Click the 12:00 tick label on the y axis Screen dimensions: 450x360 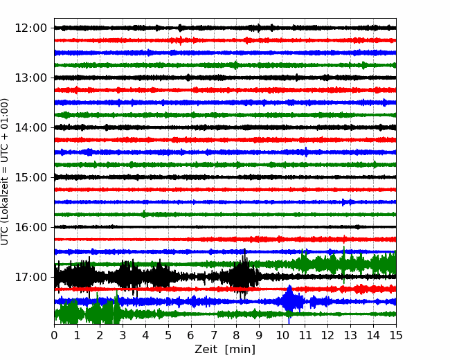[x=30, y=28]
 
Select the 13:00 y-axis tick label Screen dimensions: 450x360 [x=30, y=78]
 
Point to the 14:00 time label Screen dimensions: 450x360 [x=30, y=127]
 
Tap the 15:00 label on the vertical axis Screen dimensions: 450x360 [x=30, y=177]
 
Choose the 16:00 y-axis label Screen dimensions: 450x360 [x=30, y=227]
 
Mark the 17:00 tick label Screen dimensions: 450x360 [x=30, y=277]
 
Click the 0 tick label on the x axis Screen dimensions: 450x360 [x=54, y=335]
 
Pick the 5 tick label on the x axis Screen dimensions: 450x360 [x=168, y=335]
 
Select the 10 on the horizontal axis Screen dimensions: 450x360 [x=282, y=335]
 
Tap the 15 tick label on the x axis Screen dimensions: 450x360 [x=396, y=335]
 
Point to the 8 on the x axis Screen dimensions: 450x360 [x=237, y=335]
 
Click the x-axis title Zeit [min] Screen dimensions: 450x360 [x=225, y=349]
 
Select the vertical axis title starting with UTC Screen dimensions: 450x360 [x=4, y=172]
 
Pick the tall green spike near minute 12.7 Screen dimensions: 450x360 [x=344, y=264]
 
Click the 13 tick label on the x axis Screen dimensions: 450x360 [x=350, y=335]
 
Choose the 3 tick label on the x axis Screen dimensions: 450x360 [x=123, y=335]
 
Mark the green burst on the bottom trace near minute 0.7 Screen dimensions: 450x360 [x=69, y=313]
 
